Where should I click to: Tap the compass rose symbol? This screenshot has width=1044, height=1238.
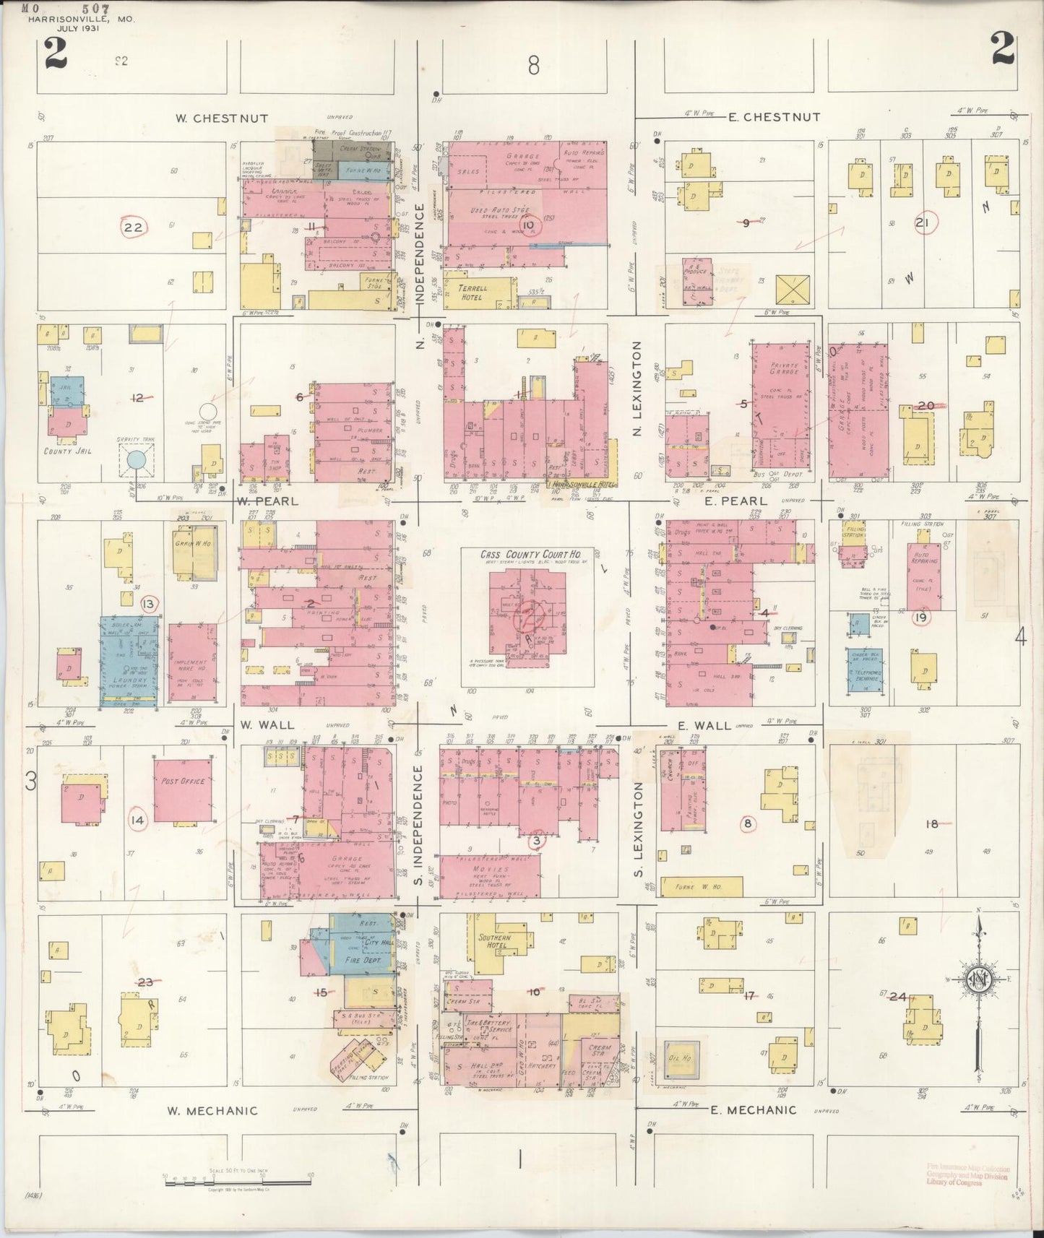[978, 980]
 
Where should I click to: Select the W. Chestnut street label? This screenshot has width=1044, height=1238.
[222, 118]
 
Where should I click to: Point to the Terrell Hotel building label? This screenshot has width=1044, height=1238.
[473, 292]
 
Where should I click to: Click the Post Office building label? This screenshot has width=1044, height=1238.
[184, 781]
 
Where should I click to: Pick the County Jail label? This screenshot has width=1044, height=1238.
[67, 451]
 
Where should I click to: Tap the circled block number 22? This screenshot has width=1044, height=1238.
[134, 228]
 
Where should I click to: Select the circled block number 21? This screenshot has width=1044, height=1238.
[921, 222]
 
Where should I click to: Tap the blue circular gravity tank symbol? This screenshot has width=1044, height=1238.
[136, 460]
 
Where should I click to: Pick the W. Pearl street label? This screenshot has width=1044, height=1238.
[266, 500]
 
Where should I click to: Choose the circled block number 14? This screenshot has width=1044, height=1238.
[137, 821]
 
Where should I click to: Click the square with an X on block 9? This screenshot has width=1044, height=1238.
[792, 290]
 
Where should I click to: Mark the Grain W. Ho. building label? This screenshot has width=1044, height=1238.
[192, 543]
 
